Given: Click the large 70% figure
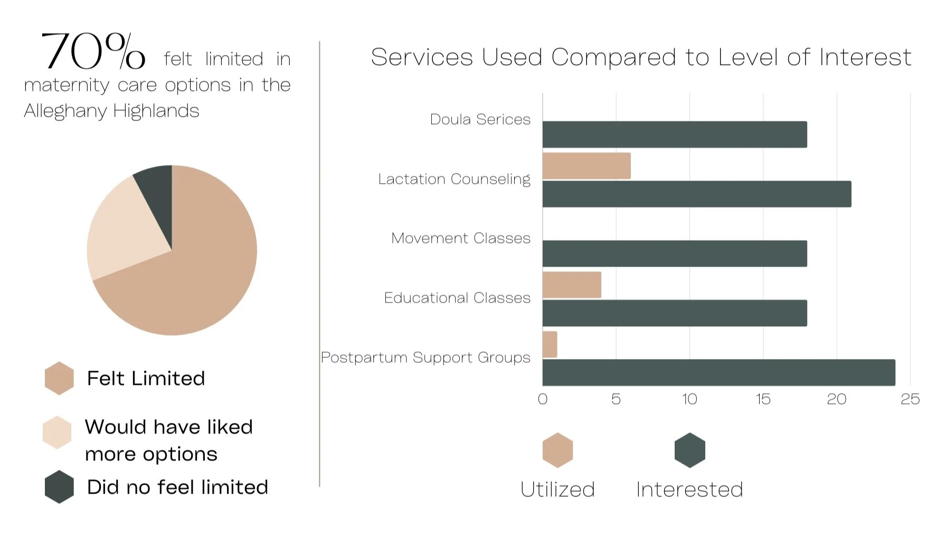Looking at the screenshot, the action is [93, 51].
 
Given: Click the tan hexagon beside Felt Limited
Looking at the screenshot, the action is [59, 378].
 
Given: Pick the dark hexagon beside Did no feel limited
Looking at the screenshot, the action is [59, 487].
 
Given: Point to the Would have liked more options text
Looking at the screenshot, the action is [169, 440].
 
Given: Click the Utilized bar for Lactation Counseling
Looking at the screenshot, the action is [586, 166].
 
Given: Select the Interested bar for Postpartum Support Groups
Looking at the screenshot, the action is [719, 373].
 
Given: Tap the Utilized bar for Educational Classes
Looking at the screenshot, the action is [572, 285].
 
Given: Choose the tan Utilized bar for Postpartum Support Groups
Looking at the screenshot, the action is [550, 345].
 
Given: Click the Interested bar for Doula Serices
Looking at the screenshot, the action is [675, 135].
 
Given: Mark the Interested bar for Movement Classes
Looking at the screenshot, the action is [675, 253].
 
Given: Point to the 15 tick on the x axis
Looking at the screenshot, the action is [763, 399].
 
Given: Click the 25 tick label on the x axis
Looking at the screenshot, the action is [910, 399].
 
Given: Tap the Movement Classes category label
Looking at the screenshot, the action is [461, 238].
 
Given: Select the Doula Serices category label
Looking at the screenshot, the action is [480, 119].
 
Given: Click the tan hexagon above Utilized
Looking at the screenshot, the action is [558, 450].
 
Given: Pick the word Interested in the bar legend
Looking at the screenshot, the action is [689, 489].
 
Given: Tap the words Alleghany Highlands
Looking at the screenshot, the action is [111, 111].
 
